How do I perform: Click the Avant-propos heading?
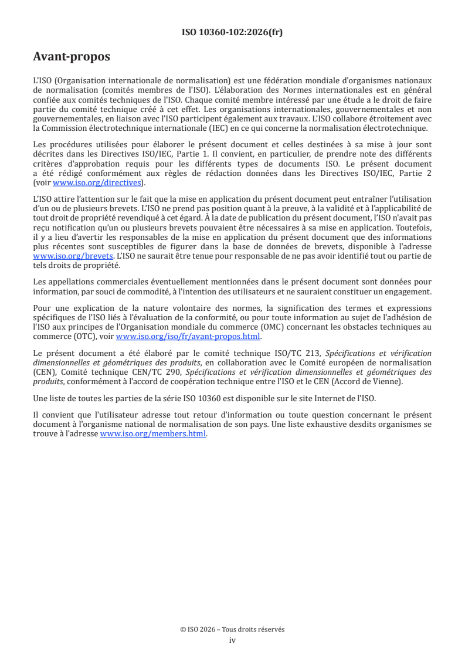click(72, 57)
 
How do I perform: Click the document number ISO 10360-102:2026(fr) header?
click(232, 32)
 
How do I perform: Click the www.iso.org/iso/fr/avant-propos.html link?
click(188, 337)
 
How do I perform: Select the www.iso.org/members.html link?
click(154, 434)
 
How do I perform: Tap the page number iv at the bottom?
click(232, 640)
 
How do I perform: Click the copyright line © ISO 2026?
click(232, 629)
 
